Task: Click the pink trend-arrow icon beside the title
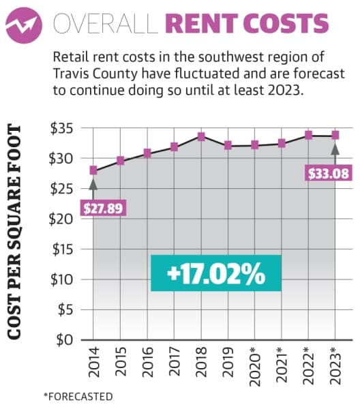point(24,25)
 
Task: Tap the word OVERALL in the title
point(106,23)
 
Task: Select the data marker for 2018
point(201,136)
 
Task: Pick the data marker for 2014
point(93,170)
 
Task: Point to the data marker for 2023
point(335,135)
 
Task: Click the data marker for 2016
point(147,153)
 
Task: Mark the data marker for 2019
point(228,145)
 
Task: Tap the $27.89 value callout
point(103,208)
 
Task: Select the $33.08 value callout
point(329,173)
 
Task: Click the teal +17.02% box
point(216,273)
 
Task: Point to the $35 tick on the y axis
point(62,128)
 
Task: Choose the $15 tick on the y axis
point(63,249)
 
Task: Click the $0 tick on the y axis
point(65,340)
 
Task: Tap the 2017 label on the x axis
point(175,361)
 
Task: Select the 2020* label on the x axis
point(255,367)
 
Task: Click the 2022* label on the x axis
point(309,365)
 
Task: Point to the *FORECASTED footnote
point(78,397)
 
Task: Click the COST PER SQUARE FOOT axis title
point(14,232)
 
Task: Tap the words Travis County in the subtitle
point(95,74)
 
